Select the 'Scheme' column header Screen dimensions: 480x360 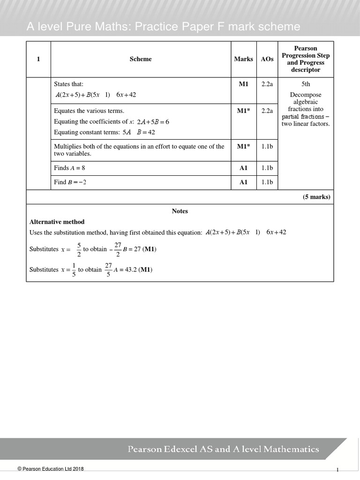click(x=141, y=59)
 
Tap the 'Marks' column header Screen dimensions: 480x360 click(x=243, y=59)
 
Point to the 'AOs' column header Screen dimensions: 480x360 click(x=267, y=59)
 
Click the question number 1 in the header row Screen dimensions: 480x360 click(x=38, y=59)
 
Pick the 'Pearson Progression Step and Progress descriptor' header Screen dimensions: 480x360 click(x=306, y=59)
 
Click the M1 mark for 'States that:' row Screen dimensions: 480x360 click(x=243, y=84)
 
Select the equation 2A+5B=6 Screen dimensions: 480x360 click(x=153, y=122)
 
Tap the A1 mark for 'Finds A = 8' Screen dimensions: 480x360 click(x=243, y=168)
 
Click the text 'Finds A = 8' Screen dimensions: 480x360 click(x=69, y=168)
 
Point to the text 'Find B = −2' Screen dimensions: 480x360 click(x=70, y=182)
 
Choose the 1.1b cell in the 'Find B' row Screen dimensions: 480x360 click(x=267, y=182)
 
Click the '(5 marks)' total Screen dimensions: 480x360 click(x=316, y=197)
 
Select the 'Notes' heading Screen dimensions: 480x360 click(x=180, y=211)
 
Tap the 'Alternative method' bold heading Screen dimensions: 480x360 click(x=57, y=222)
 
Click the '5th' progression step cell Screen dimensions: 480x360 click(x=306, y=84)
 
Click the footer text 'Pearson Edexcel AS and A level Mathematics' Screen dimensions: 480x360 click(x=224, y=449)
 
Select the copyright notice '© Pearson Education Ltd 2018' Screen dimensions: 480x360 click(x=51, y=469)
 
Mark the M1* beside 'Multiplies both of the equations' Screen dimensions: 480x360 click(x=243, y=146)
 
